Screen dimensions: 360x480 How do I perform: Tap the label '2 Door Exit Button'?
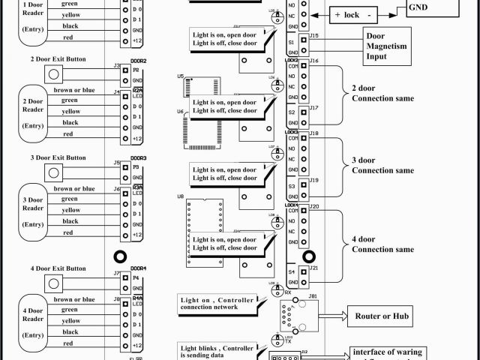(58, 58)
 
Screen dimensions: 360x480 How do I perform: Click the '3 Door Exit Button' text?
(58, 157)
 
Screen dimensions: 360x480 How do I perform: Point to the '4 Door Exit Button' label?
(58, 268)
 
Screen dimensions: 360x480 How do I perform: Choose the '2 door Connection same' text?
(382, 92)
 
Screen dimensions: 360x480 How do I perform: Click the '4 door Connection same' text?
(382, 244)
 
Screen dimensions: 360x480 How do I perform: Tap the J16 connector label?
(313, 60)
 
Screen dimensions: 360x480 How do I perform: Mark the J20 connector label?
(313, 205)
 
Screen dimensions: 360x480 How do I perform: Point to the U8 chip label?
(181, 196)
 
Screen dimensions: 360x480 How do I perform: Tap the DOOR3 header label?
(138, 158)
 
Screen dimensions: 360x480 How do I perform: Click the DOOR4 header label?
(138, 268)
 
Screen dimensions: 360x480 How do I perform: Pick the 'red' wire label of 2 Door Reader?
(68, 133)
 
